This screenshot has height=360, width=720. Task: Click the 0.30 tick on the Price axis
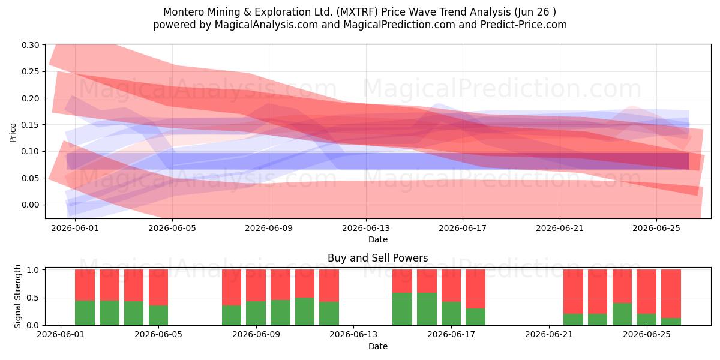(30, 45)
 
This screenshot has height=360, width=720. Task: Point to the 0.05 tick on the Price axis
(30, 178)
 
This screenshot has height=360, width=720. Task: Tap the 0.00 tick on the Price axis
(30, 205)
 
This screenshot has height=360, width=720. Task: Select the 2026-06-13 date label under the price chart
(366, 228)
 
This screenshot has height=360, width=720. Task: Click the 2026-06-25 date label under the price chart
(656, 228)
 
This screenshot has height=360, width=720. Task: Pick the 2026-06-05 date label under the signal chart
(158, 335)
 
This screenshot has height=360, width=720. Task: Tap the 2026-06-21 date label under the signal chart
(549, 335)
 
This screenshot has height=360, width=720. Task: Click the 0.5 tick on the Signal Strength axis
(33, 298)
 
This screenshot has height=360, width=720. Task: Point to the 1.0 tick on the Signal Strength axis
(33, 270)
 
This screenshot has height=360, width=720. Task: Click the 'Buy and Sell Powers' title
(377, 258)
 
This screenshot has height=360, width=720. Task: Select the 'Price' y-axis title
(13, 133)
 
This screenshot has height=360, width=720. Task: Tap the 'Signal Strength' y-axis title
(17, 296)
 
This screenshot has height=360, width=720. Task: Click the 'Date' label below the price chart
(378, 239)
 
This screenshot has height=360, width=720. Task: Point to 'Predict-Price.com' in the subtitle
(524, 25)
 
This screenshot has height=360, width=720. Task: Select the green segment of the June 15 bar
(402, 309)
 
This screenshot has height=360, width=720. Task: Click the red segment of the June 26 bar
(671, 294)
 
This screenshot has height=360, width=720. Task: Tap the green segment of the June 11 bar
(305, 311)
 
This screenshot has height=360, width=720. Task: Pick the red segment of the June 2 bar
(85, 285)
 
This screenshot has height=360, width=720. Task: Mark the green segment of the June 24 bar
(622, 314)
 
